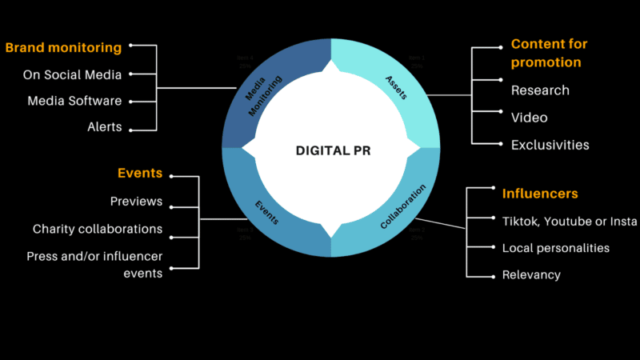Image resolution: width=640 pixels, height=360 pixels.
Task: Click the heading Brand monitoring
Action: (63, 47)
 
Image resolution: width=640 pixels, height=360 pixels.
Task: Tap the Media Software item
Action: (74, 101)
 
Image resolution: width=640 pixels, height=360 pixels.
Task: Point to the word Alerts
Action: (104, 126)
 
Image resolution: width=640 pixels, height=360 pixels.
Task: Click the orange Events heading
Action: (140, 173)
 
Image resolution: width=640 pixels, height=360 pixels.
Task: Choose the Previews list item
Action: (136, 201)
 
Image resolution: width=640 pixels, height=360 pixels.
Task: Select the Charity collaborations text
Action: (98, 229)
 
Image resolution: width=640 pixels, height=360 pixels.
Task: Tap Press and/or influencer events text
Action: (94, 264)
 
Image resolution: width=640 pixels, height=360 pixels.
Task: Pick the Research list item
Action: (540, 90)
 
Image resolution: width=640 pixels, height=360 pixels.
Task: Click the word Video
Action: (530, 118)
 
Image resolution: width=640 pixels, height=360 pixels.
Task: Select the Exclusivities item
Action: (550, 145)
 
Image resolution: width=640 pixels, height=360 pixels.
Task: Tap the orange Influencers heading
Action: (540, 194)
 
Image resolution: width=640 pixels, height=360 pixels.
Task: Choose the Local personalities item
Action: (555, 248)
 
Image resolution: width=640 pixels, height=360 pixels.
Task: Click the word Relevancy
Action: (531, 274)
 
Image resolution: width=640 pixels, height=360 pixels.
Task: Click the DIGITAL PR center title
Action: (331, 150)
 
